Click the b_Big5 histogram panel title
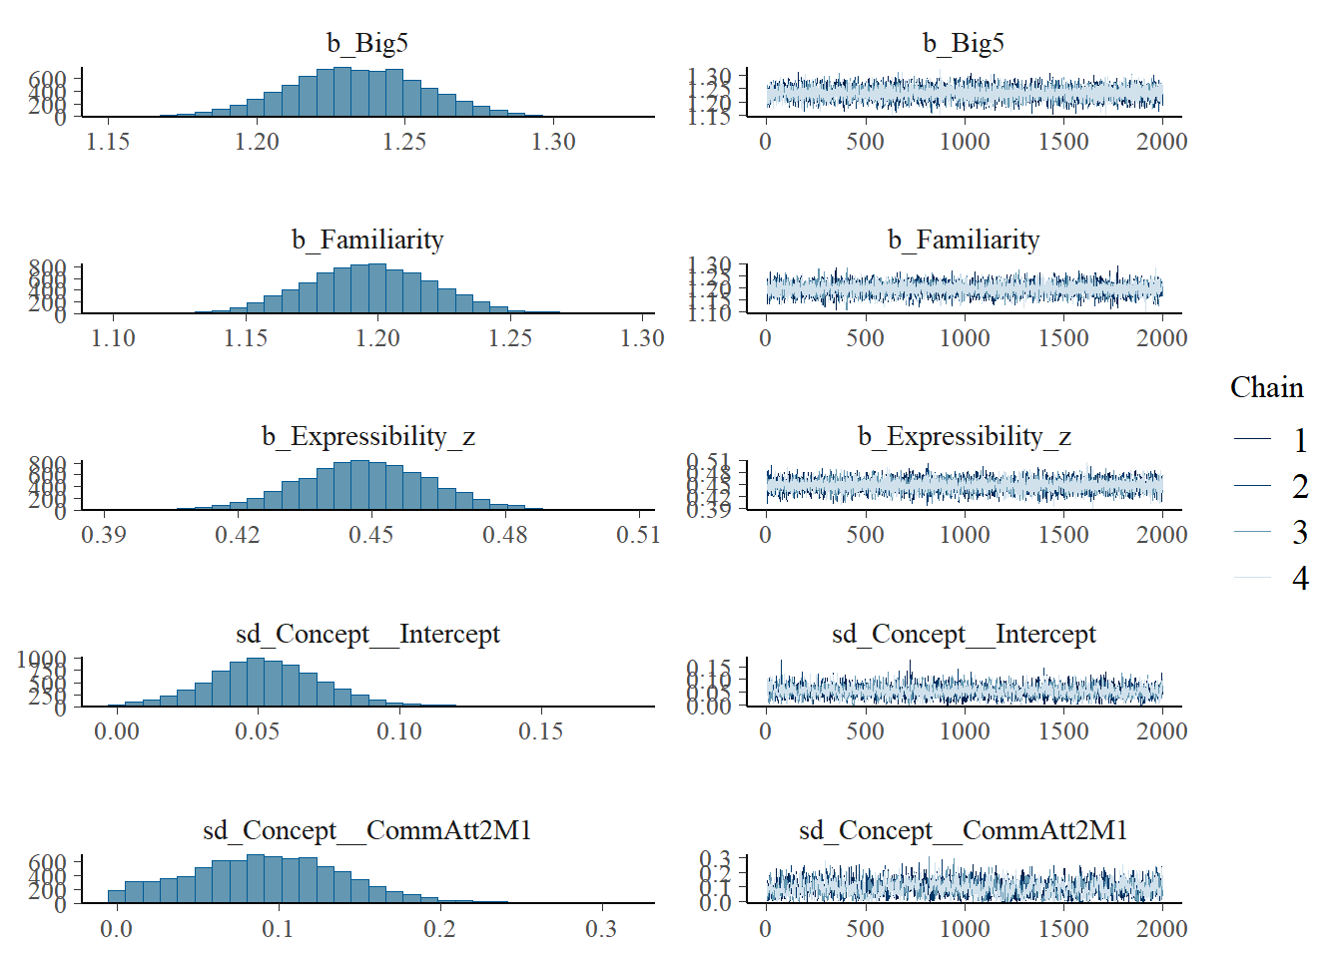click(x=367, y=43)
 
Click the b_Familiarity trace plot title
click(x=964, y=239)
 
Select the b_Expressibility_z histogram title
click(x=367, y=436)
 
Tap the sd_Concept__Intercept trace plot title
click(x=964, y=634)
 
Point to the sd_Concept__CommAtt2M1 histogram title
click(x=367, y=830)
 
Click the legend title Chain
click(x=1266, y=387)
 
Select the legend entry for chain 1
click(x=1299, y=440)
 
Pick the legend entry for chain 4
click(x=1299, y=578)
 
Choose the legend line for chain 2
click(x=1252, y=486)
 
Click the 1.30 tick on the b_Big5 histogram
click(x=553, y=142)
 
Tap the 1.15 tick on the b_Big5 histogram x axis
click(x=108, y=142)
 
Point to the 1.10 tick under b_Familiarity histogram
click(x=113, y=338)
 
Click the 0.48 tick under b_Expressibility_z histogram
click(x=504, y=535)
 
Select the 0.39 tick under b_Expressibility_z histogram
click(x=104, y=535)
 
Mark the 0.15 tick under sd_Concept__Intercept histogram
click(x=540, y=731)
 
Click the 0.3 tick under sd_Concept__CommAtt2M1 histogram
click(x=601, y=929)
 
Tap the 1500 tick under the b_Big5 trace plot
click(x=1063, y=142)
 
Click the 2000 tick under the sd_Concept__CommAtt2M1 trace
click(x=1162, y=929)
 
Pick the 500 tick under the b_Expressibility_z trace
click(x=865, y=535)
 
